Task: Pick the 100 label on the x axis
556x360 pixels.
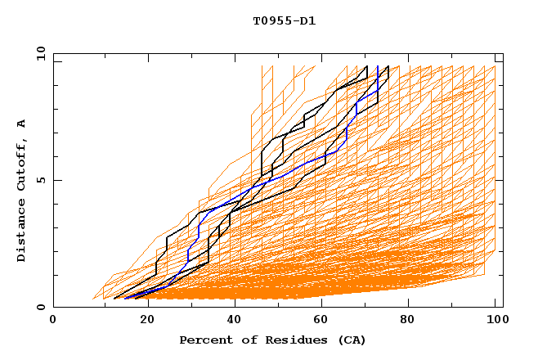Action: [x=495, y=320]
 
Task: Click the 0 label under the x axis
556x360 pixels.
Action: [x=54, y=320]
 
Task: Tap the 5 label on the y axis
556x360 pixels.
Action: [x=40, y=180]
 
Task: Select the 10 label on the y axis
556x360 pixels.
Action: [x=38, y=53]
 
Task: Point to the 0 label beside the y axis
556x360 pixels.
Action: [x=40, y=307]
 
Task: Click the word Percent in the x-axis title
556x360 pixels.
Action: [x=204, y=340]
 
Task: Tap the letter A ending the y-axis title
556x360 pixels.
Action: [x=21, y=124]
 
